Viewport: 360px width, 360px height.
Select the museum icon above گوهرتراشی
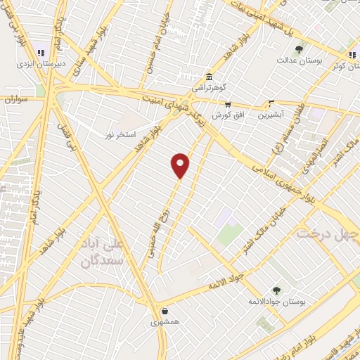click(x=209, y=77)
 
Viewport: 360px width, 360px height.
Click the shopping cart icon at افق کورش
click(x=228, y=104)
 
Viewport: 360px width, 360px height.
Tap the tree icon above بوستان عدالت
click(x=299, y=49)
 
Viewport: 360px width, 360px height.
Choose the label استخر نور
click(x=120, y=134)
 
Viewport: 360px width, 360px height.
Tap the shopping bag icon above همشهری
click(x=164, y=310)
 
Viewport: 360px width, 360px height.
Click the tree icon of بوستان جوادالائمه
click(x=276, y=290)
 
